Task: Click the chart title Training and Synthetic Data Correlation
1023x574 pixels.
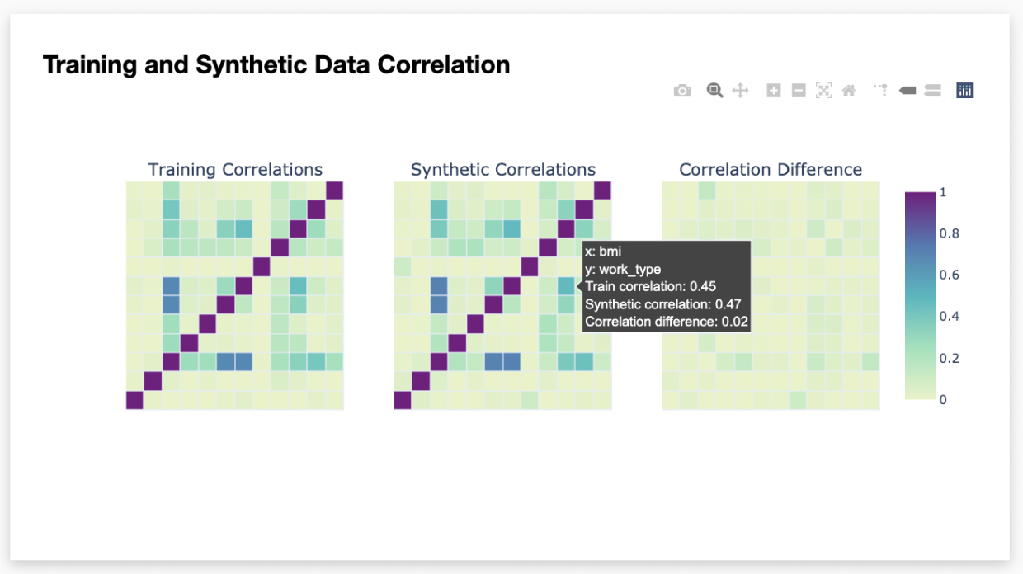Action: [x=276, y=64]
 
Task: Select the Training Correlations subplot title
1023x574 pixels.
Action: [x=235, y=169]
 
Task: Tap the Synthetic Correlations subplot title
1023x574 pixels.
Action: [x=502, y=169]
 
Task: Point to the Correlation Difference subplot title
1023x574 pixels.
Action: [x=771, y=169]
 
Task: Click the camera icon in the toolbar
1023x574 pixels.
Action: [x=682, y=91]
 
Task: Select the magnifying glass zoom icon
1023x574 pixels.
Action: [x=714, y=91]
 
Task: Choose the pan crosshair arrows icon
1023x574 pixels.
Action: [x=740, y=91]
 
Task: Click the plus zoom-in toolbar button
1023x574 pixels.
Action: [x=773, y=91]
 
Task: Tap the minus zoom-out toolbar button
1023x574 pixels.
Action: [x=799, y=91]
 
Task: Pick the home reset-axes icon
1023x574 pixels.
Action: [x=849, y=91]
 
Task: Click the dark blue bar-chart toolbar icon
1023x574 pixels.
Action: [x=965, y=91]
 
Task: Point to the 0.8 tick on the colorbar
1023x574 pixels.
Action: [x=949, y=233]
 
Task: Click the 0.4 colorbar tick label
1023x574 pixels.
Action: [x=949, y=317]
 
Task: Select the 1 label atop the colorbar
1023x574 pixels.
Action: [x=943, y=192]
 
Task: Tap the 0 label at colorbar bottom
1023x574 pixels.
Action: [x=943, y=399]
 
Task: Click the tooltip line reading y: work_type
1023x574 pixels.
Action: [x=623, y=270]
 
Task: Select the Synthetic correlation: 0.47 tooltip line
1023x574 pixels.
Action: [x=663, y=304]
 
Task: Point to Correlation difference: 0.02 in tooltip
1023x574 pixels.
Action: [x=667, y=322]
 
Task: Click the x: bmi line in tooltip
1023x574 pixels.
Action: [x=603, y=252]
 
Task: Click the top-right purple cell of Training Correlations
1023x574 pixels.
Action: [x=335, y=191]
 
